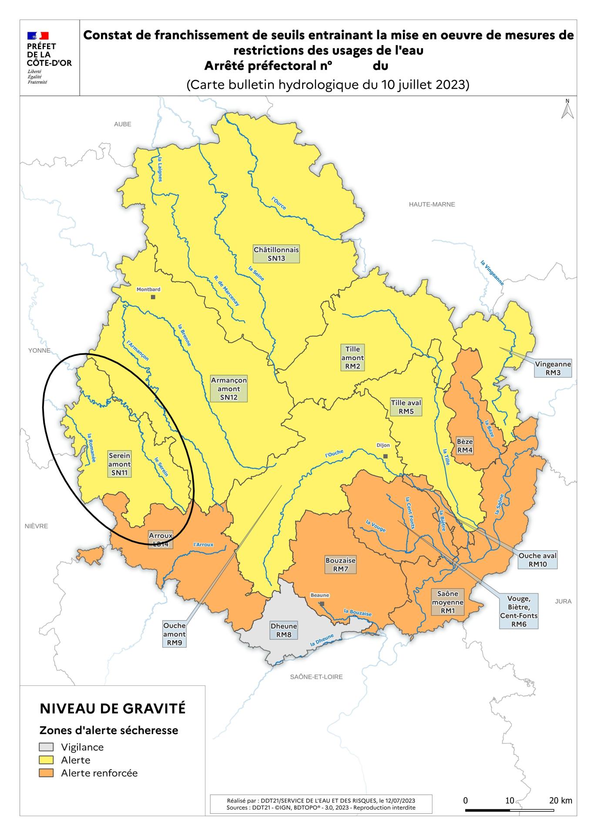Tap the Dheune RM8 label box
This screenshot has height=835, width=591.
[283, 630]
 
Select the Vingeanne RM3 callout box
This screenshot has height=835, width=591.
[553, 368]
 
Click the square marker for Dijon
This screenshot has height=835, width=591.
[385, 456]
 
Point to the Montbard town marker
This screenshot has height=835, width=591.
[153, 297]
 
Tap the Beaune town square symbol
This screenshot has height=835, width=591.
[322, 604]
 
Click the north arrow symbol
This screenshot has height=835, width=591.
[567, 109]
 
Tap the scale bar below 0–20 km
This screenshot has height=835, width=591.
[509, 810]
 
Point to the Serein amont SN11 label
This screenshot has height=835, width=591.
[119, 464]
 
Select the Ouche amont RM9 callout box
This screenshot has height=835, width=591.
[174, 634]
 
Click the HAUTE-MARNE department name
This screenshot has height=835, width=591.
[431, 204]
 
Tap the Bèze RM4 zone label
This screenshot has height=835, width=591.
[464, 446]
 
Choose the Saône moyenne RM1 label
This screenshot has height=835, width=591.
[447, 602]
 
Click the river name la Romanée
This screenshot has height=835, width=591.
[91, 448]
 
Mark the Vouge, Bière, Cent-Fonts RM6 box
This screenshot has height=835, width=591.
[518, 611]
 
